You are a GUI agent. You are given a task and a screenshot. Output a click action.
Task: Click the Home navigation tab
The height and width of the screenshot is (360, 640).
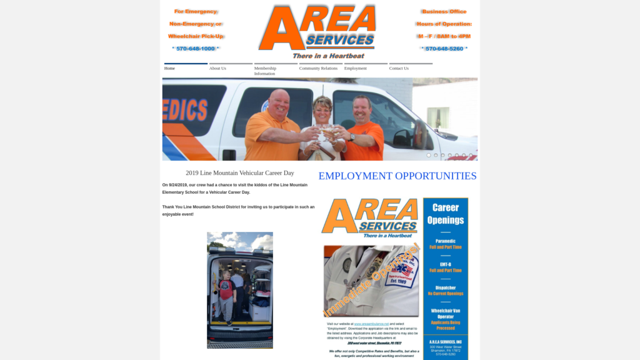pyautogui.click(x=170, y=68)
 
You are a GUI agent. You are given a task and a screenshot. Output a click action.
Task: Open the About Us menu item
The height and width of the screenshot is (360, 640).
pyautogui.click(x=217, y=68)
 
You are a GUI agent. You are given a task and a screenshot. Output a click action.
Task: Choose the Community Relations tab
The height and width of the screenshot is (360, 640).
pyautogui.click(x=318, y=68)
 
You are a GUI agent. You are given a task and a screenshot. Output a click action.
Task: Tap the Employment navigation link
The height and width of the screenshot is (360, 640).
pyautogui.click(x=356, y=68)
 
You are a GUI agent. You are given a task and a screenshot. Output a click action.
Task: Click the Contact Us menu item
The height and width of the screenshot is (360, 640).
pyautogui.click(x=399, y=68)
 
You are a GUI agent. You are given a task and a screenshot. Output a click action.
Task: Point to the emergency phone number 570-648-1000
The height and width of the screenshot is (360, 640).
pyautogui.click(x=196, y=49)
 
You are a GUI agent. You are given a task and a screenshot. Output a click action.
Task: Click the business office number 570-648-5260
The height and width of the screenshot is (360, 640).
pyautogui.click(x=444, y=49)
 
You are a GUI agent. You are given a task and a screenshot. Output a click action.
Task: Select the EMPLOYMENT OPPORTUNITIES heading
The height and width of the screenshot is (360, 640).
pyautogui.click(x=397, y=176)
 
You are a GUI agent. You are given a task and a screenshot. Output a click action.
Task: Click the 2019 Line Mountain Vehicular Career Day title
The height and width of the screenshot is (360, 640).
pyautogui.click(x=239, y=173)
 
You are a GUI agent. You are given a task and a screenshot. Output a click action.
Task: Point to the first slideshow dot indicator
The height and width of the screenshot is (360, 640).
pyautogui.click(x=429, y=155)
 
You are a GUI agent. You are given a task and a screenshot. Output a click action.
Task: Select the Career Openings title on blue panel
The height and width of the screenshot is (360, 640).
pyautogui.click(x=446, y=214)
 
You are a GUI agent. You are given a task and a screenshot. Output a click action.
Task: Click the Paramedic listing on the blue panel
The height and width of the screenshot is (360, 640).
pyautogui.click(x=446, y=244)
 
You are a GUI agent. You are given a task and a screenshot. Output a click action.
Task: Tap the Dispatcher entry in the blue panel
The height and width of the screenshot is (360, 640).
pyautogui.click(x=446, y=291)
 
